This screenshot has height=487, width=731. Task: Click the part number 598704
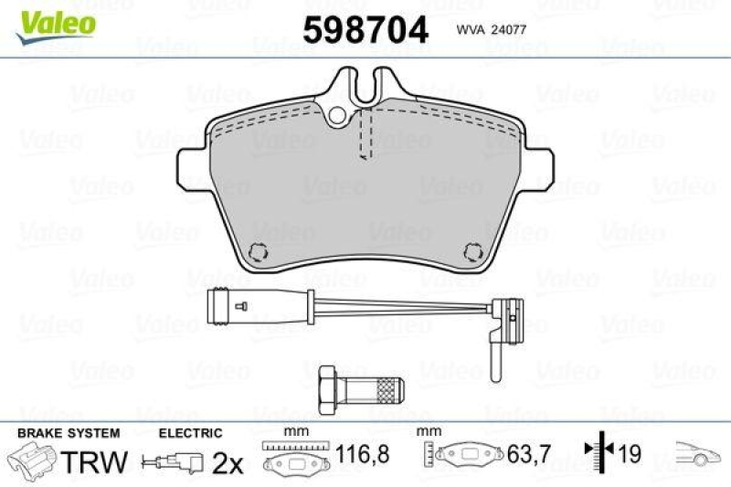click(x=365, y=31)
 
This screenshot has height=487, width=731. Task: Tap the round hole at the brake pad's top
click(x=340, y=115)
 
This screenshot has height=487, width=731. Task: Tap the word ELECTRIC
click(x=190, y=432)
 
